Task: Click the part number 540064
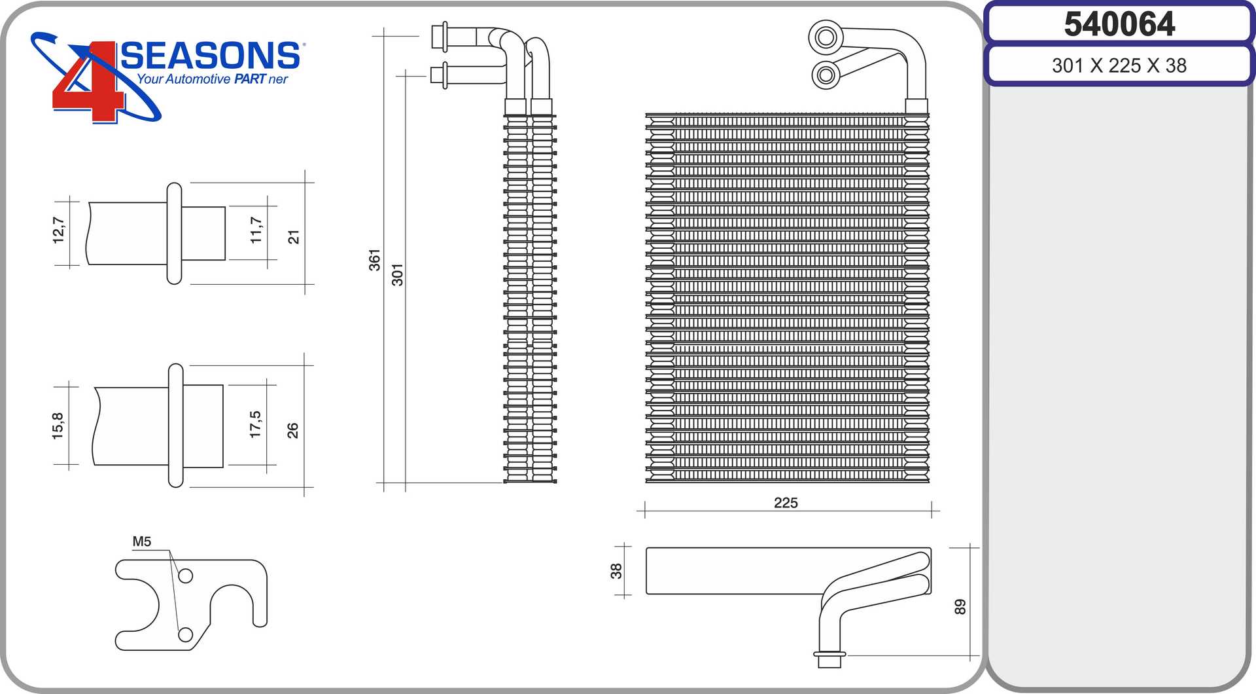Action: click(1119, 24)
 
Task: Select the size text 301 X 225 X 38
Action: click(1119, 65)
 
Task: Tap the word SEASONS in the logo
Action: click(211, 56)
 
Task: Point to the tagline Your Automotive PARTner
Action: click(212, 79)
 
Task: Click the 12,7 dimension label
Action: click(59, 230)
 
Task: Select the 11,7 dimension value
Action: click(256, 230)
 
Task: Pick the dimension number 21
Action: click(294, 236)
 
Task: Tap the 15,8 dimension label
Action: click(58, 426)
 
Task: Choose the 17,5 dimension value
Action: click(255, 424)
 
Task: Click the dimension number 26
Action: click(292, 430)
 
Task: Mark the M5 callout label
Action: click(141, 541)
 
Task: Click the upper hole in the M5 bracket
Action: click(186, 575)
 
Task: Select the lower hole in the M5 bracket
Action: click(186, 634)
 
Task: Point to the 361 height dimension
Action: click(374, 260)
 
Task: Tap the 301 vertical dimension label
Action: click(397, 275)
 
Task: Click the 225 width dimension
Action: click(786, 503)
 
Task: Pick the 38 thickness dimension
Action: click(616, 571)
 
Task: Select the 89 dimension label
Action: click(960, 607)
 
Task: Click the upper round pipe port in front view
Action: click(826, 37)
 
